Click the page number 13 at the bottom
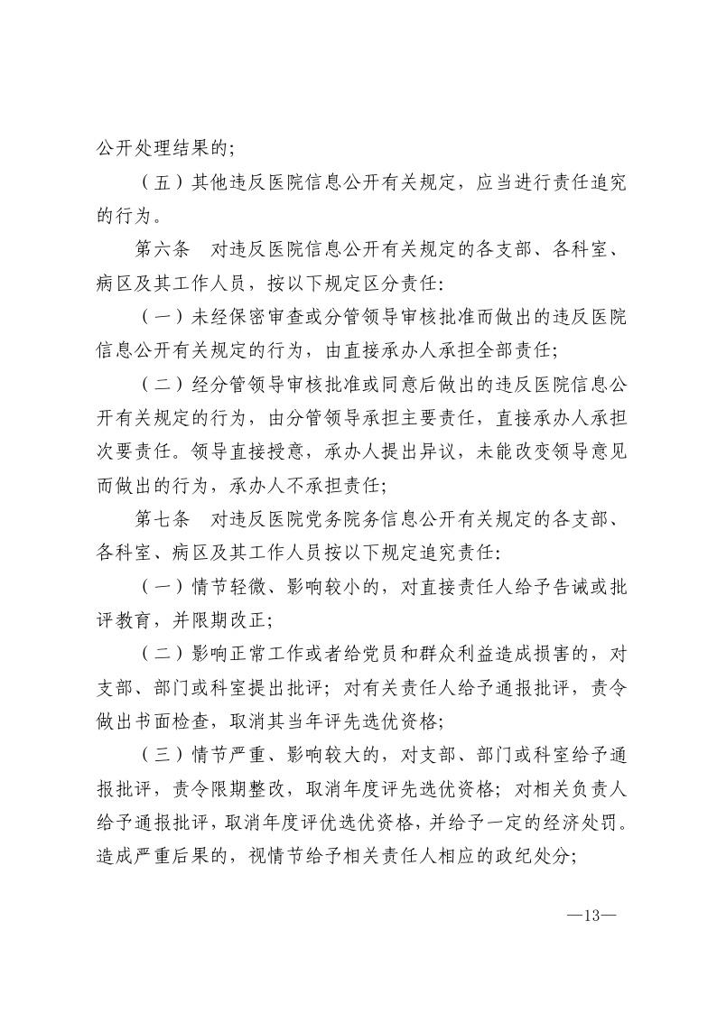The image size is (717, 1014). click(x=591, y=914)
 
